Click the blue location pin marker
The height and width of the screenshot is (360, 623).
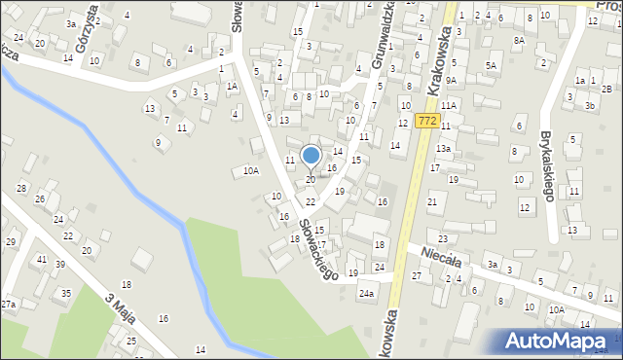click(x=311, y=156)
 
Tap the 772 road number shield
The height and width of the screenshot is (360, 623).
click(x=424, y=121)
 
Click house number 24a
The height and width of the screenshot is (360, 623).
click(x=366, y=293)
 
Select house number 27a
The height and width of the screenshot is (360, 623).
click(x=8, y=305)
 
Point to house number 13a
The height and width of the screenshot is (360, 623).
click(x=443, y=148)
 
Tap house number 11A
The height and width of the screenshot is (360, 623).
click(x=448, y=105)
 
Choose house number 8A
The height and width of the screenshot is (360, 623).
click(x=519, y=41)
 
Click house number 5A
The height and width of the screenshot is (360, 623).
click(x=492, y=65)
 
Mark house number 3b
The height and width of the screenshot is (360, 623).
click(x=590, y=104)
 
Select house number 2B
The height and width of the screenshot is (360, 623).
click(x=606, y=89)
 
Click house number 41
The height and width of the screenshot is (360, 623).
click(x=41, y=260)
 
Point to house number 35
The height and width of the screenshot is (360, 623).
click(x=66, y=293)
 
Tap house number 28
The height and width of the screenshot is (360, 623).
click(x=20, y=187)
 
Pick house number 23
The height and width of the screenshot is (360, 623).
click(x=443, y=238)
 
